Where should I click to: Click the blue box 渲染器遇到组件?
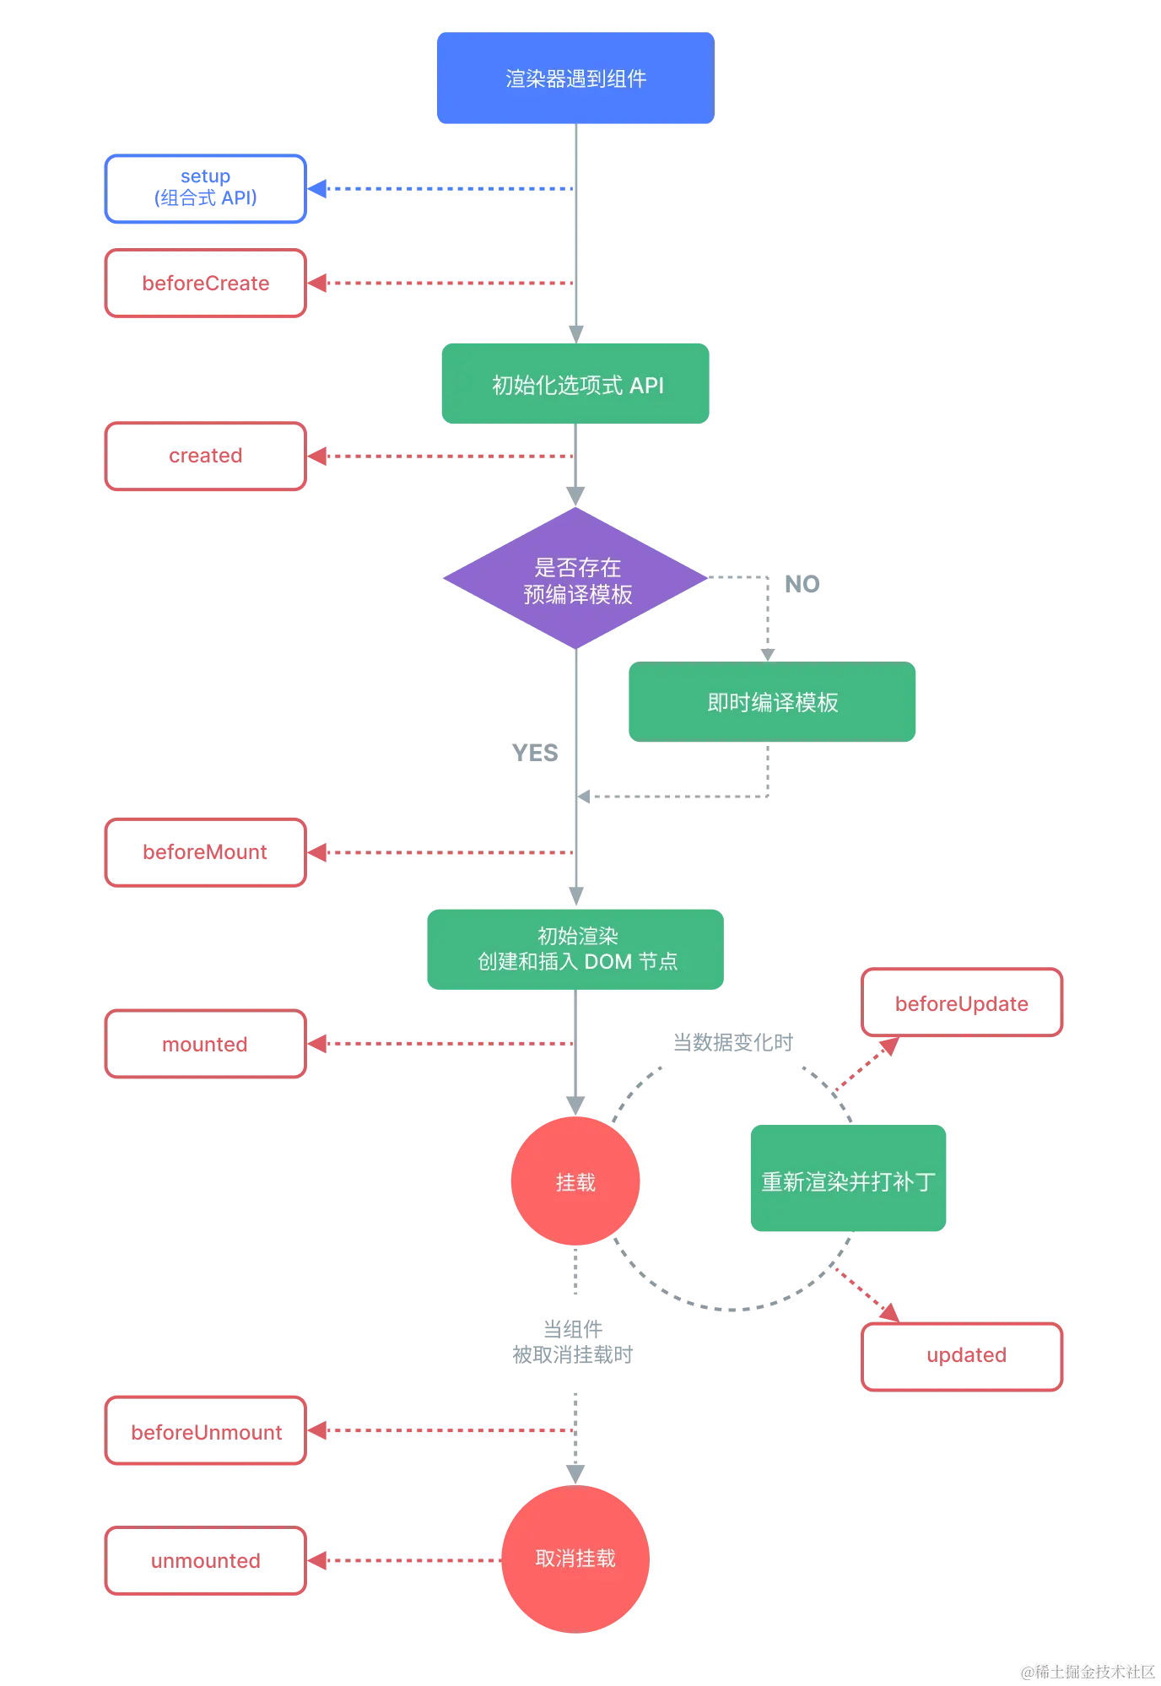pos(575,78)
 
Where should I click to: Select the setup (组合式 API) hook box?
pos(205,189)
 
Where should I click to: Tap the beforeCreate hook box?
pos(205,284)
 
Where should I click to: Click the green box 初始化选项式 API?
pos(576,384)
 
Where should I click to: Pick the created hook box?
pos(205,457)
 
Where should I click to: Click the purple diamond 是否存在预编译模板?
pos(576,579)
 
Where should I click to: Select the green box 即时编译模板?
pos(772,702)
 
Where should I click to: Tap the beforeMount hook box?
pos(205,853)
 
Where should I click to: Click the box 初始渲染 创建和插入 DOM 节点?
pos(576,948)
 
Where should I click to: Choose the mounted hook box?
pos(205,1044)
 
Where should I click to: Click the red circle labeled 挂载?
pos(575,1181)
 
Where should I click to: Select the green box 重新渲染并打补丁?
pos(849,1180)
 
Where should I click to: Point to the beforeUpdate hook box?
pos(962,1002)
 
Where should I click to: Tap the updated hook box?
pos(962,1356)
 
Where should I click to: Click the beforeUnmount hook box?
pos(205,1432)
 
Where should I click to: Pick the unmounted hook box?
pos(205,1562)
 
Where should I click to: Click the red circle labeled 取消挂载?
pos(575,1559)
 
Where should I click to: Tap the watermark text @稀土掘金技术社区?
pos(1087,1670)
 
